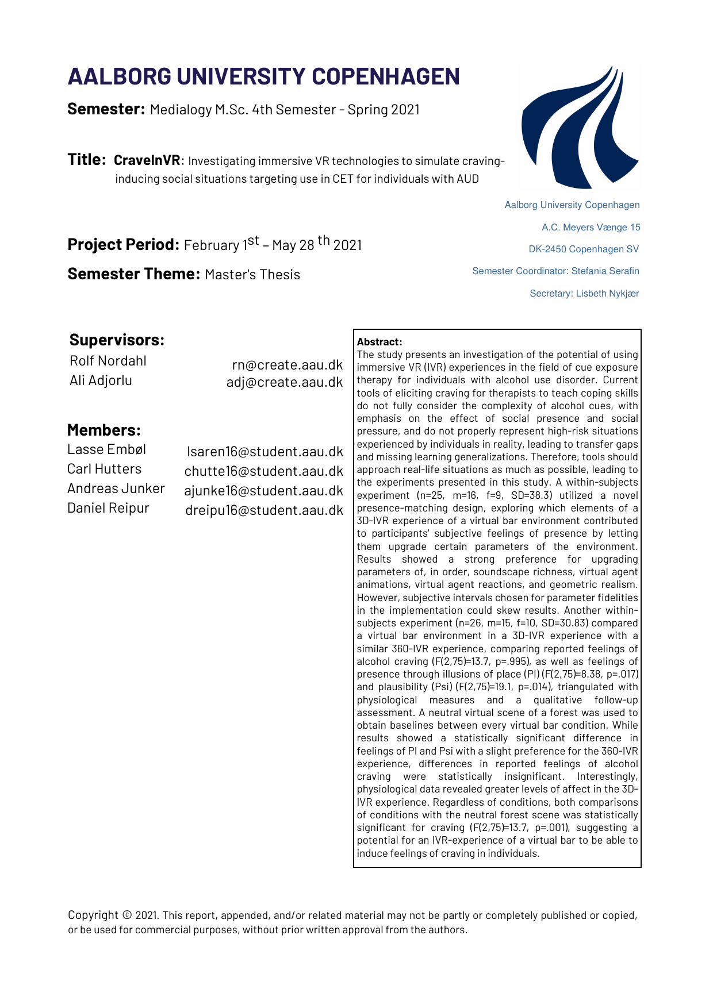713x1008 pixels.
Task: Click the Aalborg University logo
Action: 580,128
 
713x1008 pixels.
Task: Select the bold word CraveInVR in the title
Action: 147,160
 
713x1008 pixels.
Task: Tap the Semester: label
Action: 106,109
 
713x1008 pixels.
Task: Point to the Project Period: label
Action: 124,245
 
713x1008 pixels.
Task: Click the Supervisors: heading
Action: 117,340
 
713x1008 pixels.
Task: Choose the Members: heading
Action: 103,430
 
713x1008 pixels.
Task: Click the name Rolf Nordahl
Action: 108,361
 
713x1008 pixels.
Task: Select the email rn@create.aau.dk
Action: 287,365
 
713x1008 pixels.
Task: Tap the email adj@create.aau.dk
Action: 284,382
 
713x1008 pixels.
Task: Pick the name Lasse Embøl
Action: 106,449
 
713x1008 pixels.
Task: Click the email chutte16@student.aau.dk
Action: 263,471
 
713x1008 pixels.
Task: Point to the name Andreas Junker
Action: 116,488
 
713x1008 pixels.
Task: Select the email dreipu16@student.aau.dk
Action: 264,510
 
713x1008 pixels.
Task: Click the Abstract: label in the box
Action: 379,342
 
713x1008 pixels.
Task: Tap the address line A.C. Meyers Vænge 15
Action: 591,228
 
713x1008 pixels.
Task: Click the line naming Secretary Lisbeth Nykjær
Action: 584,294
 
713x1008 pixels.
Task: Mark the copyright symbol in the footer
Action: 127,915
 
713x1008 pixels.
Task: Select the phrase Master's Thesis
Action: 252,275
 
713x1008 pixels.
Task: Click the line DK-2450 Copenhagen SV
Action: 584,249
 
